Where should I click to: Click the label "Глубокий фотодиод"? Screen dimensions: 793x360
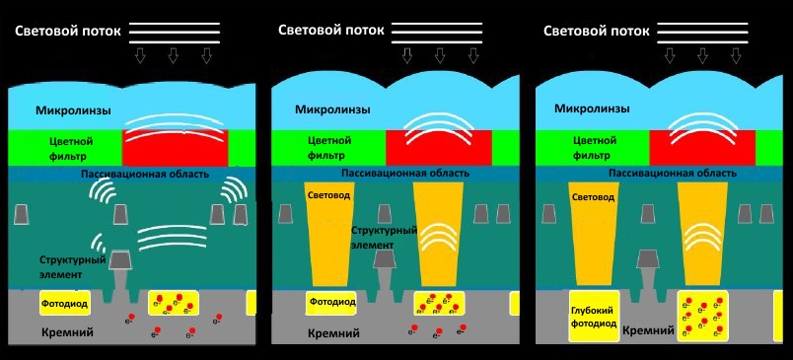(594, 317)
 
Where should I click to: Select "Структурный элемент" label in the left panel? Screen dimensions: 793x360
(73, 267)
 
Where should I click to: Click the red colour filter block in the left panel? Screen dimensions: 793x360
(175, 148)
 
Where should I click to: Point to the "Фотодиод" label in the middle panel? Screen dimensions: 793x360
(332, 302)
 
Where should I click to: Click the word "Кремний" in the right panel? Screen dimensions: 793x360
(648, 330)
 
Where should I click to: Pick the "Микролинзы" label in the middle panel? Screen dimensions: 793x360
(332, 109)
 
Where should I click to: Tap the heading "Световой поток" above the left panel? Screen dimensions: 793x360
(68, 31)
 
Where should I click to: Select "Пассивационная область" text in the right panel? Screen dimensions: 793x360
(673, 174)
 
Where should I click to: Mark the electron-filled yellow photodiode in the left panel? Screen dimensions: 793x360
(174, 303)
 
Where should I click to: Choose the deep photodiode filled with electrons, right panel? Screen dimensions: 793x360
(702, 316)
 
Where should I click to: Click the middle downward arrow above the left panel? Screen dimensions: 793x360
(173, 55)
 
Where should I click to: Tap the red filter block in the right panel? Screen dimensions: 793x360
(702, 148)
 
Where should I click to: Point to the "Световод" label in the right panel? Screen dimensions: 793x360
(593, 197)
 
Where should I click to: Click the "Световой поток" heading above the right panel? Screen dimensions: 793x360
(597, 31)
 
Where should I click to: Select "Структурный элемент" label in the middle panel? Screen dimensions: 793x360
(384, 238)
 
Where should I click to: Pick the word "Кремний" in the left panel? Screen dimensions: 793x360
(69, 333)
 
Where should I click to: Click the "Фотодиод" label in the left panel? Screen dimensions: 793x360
(65, 304)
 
